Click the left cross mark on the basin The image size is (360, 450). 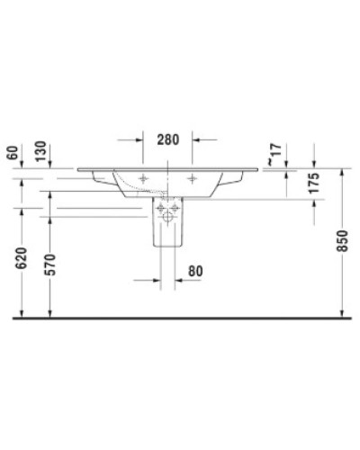coord(144,177)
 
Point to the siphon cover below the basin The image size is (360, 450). coord(169,229)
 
